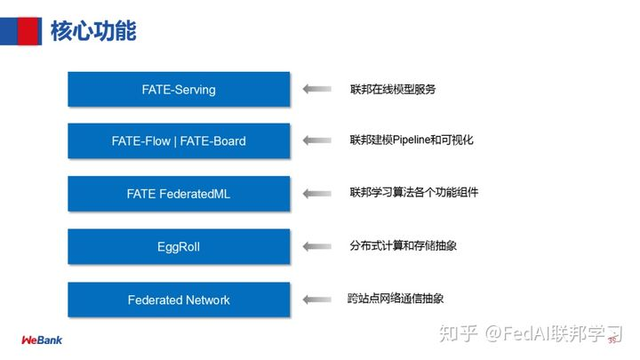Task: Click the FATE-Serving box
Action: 179,89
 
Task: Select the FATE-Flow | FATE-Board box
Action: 179,140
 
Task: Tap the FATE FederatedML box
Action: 179,193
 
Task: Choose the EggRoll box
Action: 179,246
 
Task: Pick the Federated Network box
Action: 179,300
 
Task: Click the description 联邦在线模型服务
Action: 393,89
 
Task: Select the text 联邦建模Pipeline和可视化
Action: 415,140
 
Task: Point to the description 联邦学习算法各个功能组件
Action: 413,192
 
